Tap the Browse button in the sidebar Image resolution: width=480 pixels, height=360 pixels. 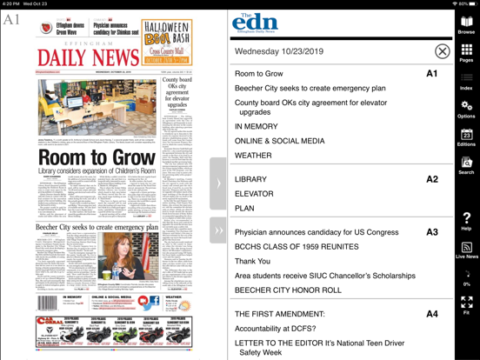coord(467,24)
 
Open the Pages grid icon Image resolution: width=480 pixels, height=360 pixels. coord(467,52)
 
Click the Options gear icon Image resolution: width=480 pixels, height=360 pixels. coord(467,108)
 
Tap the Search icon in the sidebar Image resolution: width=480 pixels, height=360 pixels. coord(467,164)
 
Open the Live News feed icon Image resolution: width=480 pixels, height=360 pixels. coord(467,249)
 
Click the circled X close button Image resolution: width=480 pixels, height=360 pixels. coord(442,52)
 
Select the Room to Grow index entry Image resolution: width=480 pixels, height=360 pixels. coord(259,75)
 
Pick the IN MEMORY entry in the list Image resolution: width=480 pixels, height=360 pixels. coord(256,126)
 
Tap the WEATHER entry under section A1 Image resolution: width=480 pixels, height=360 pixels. coord(253,157)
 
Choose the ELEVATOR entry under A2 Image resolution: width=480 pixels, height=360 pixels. coord(254,194)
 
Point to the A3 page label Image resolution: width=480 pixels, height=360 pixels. coord(432,232)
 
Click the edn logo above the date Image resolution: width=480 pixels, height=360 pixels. coord(255,24)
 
